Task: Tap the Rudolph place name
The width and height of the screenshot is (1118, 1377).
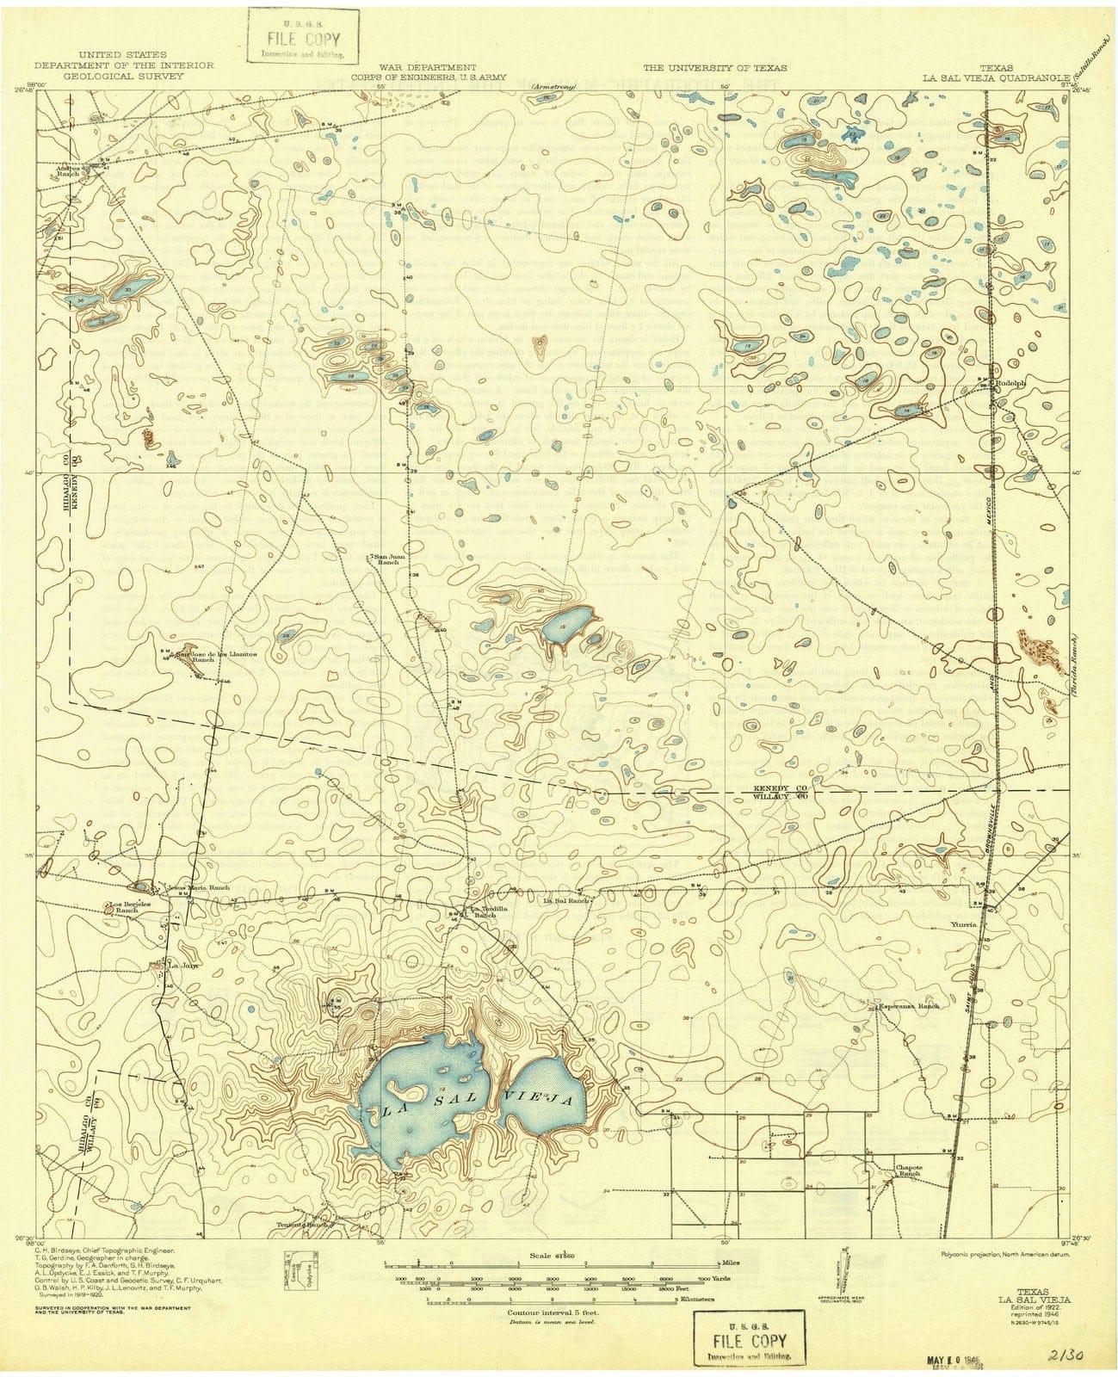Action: pos(1013,385)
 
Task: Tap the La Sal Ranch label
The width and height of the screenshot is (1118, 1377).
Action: pos(565,901)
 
